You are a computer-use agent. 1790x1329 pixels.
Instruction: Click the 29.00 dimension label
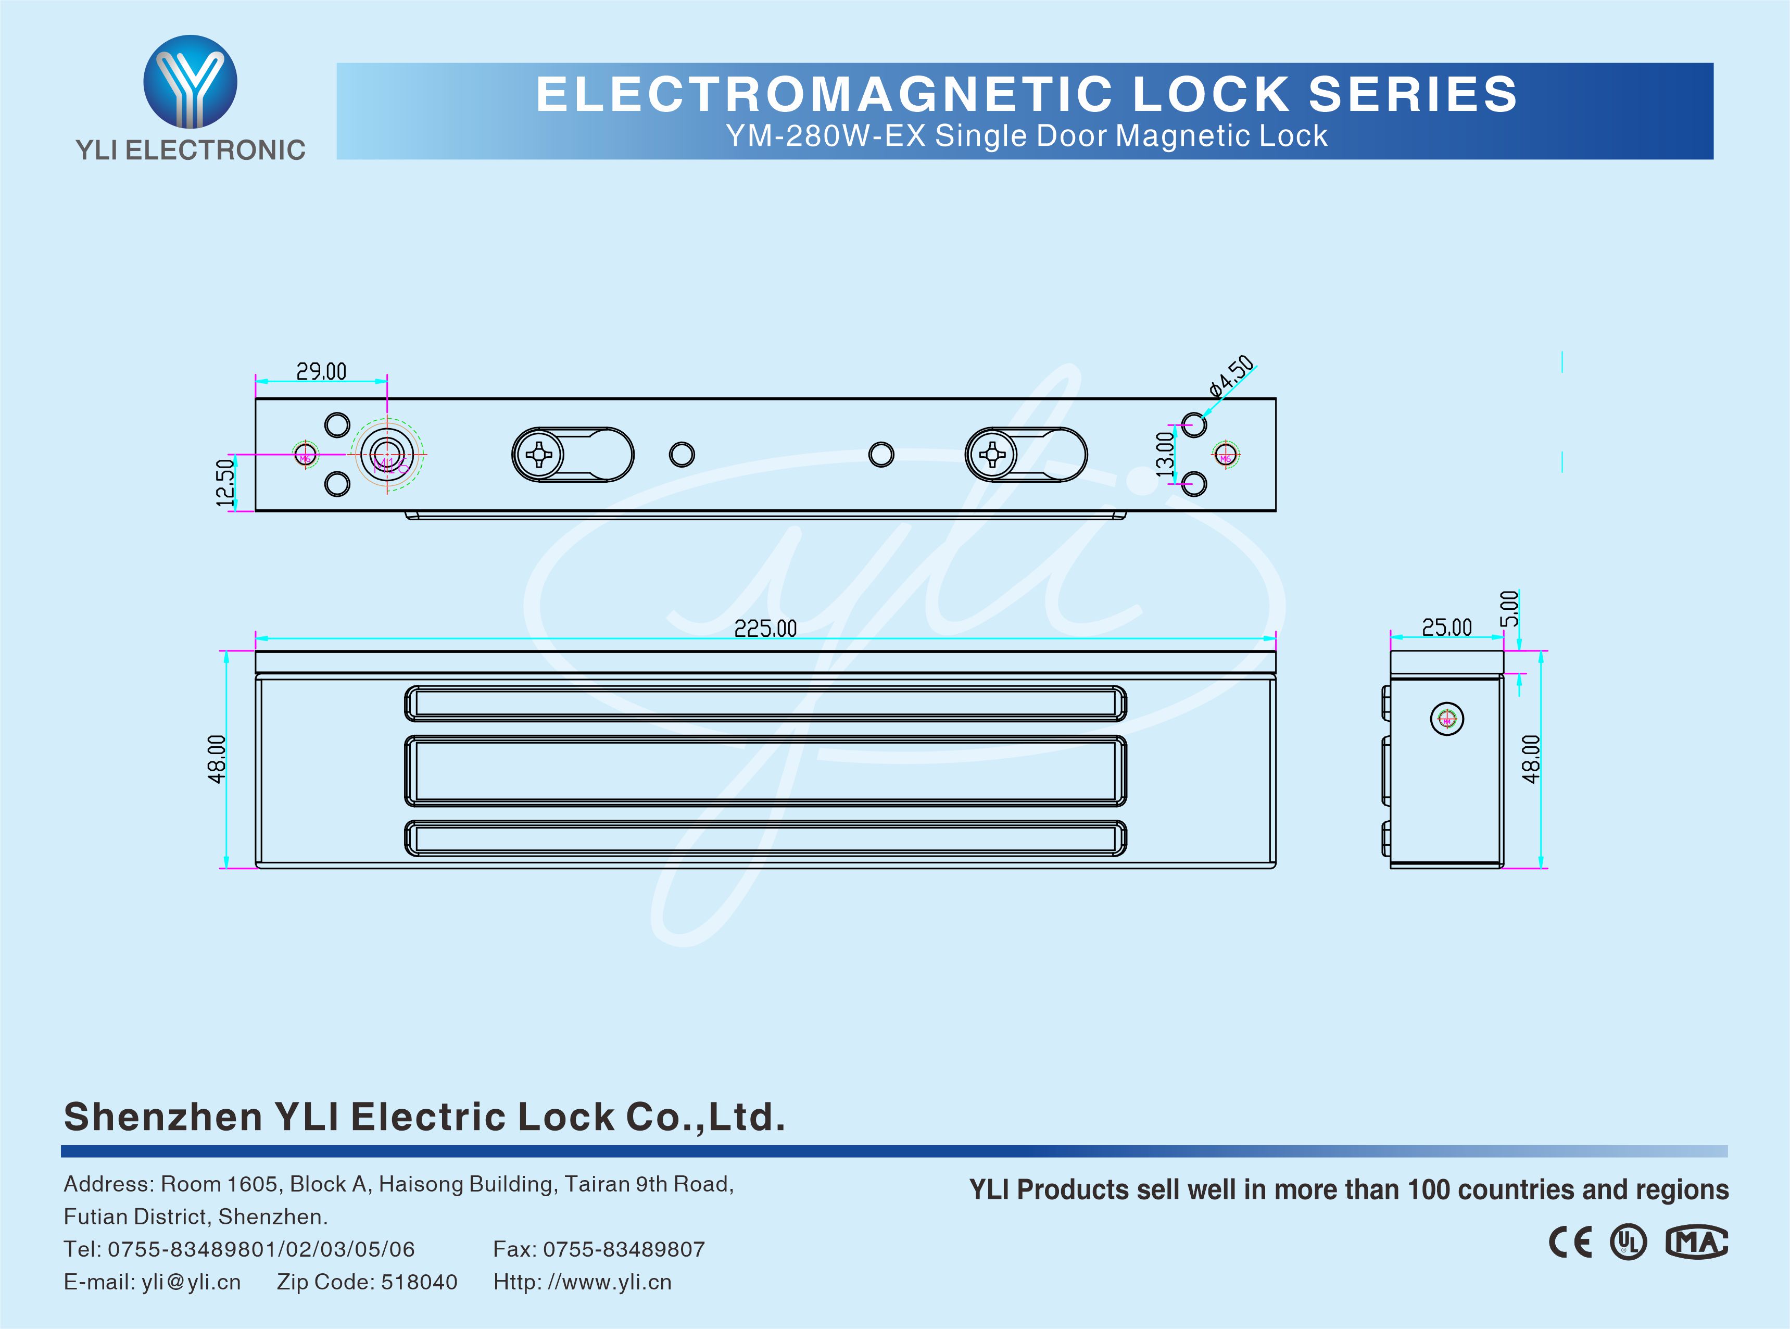point(321,372)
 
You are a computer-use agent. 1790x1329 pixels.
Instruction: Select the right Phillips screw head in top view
point(991,455)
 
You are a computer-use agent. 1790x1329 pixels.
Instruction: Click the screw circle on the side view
point(1447,719)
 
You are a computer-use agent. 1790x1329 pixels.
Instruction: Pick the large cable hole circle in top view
point(387,455)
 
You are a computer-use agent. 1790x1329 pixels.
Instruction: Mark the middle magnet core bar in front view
point(765,771)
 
